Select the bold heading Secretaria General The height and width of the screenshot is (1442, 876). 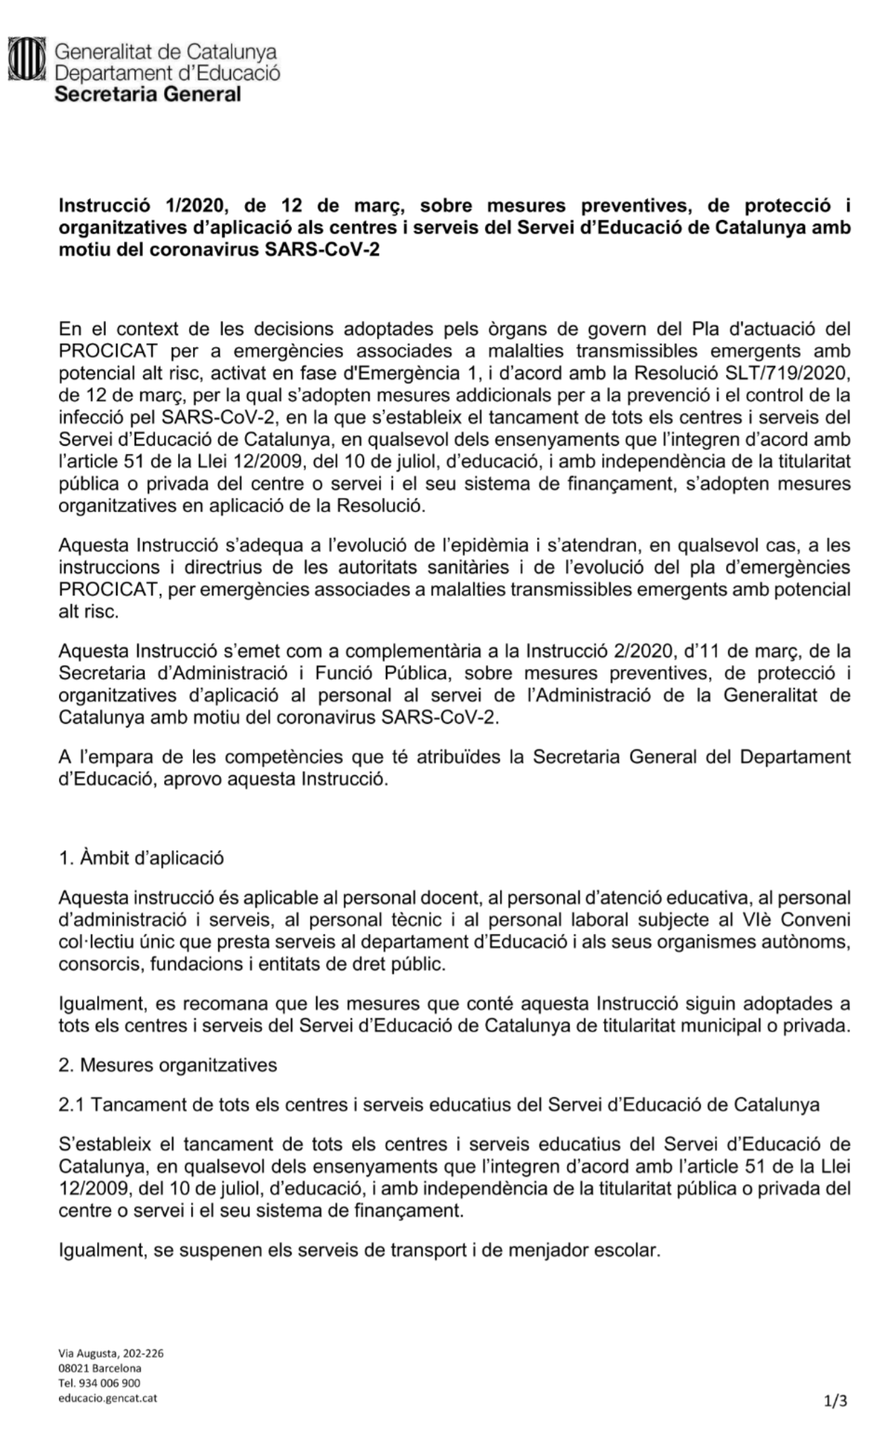[x=148, y=94]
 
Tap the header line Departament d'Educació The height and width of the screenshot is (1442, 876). [x=168, y=73]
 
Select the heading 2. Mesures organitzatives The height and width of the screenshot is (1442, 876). [x=168, y=1065]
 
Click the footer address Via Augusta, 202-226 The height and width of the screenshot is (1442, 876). [x=111, y=1353]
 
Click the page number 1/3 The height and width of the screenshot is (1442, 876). [x=837, y=1401]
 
